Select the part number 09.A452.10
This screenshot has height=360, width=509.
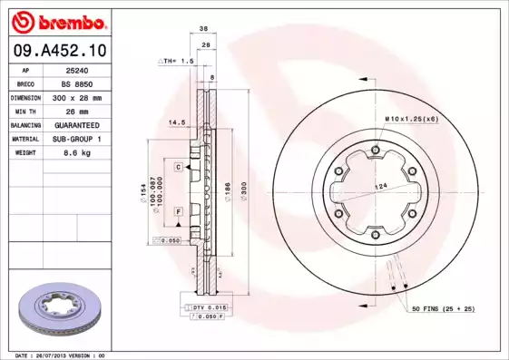coord(59,51)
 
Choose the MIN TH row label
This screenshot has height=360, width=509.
coord(25,111)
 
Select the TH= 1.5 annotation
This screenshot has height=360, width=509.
coord(179,61)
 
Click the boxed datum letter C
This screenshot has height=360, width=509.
coord(180,167)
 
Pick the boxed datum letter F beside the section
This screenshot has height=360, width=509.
coord(180,210)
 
